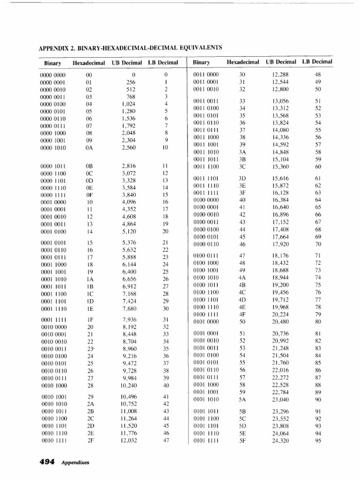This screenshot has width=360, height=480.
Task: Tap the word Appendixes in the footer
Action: coord(75,463)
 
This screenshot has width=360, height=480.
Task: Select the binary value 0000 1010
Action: coord(52,148)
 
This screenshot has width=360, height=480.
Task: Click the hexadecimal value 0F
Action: coord(90,195)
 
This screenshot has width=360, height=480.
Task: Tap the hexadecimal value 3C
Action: coord(242,166)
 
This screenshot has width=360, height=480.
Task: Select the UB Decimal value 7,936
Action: coord(129,320)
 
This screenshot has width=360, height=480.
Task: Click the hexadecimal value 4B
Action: coord(242,285)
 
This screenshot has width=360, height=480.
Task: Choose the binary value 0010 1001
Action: coord(53,397)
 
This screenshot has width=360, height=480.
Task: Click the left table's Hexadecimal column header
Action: coord(89,63)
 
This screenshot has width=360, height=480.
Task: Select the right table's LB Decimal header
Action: coord(317,62)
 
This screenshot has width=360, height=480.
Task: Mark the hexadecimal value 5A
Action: coord(242,400)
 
